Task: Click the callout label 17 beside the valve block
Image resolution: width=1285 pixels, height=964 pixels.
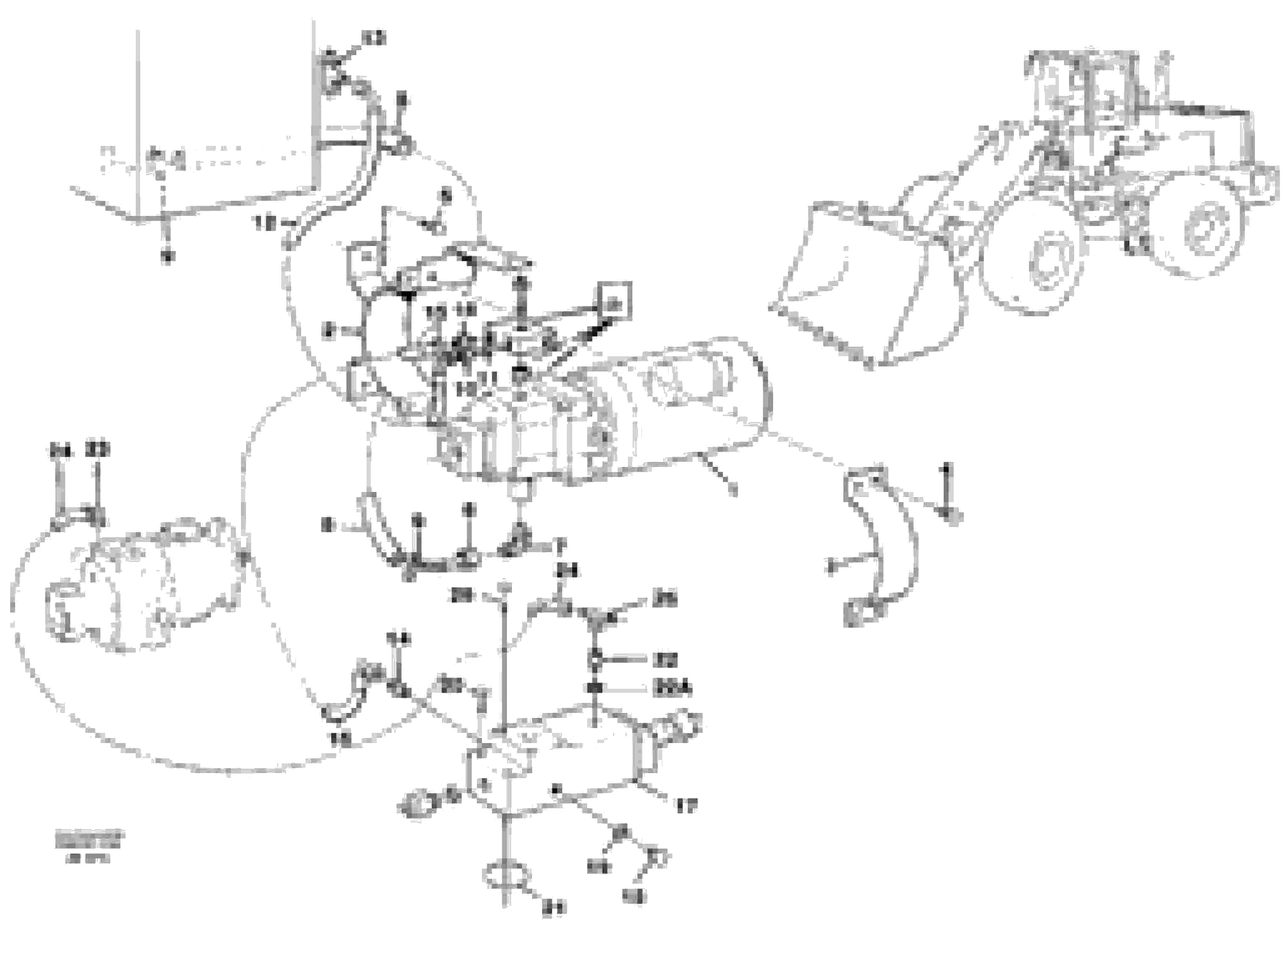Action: [686, 806]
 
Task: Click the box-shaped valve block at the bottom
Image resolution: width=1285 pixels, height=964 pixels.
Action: [558, 766]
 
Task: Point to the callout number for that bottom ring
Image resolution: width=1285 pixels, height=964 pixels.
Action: [553, 907]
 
